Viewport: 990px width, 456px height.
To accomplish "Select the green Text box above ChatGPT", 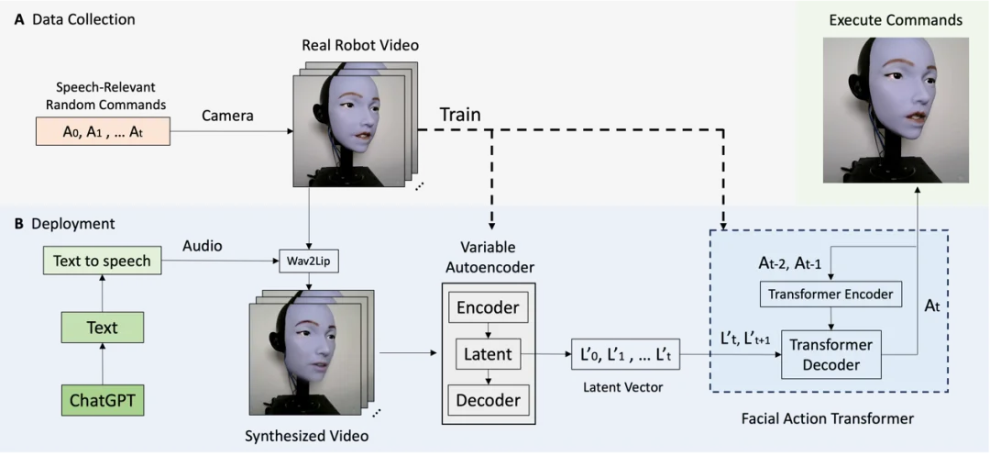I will (102, 328).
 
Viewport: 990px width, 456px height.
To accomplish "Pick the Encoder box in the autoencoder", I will (488, 307).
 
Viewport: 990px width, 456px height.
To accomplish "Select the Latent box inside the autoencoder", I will (488, 353).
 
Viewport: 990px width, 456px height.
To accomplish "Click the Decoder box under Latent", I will (488, 400).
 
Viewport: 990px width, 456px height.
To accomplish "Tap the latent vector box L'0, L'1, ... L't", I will (625, 354).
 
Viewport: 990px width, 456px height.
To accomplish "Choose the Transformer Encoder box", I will (830, 295).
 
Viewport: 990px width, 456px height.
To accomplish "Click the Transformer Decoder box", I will (830, 355).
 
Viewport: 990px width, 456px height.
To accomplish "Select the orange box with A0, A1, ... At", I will (102, 132).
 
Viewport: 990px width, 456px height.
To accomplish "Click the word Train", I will (459, 116).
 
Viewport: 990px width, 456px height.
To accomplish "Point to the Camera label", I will (226, 117).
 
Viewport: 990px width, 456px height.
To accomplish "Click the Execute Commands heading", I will (895, 19).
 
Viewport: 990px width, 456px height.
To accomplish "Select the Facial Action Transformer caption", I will (827, 418).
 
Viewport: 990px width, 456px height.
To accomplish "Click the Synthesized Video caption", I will (306, 436).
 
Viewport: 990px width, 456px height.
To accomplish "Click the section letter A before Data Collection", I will (18, 19).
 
